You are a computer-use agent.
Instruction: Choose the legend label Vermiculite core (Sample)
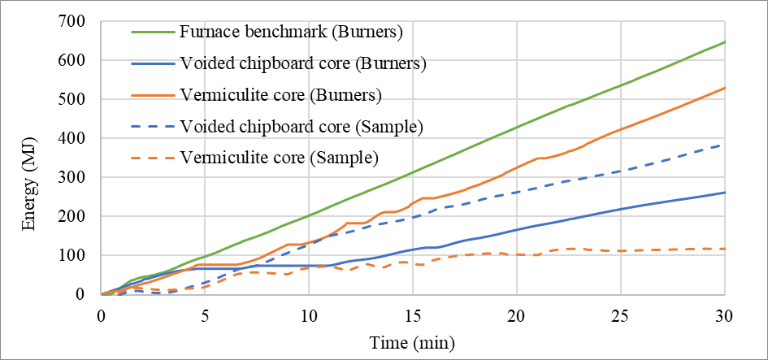click(x=278, y=157)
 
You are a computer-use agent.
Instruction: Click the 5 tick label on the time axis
click(x=205, y=314)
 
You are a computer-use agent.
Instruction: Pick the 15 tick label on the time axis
click(x=413, y=314)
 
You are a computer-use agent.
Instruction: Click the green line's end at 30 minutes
click(x=725, y=41)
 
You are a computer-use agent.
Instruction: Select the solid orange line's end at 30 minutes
click(x=725, y=88)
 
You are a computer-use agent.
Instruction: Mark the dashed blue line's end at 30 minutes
click(x=725, y=145)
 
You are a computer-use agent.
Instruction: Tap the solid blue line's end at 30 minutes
click(x=725, y=193)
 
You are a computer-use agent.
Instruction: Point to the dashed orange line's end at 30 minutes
click(x=725, y=249)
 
